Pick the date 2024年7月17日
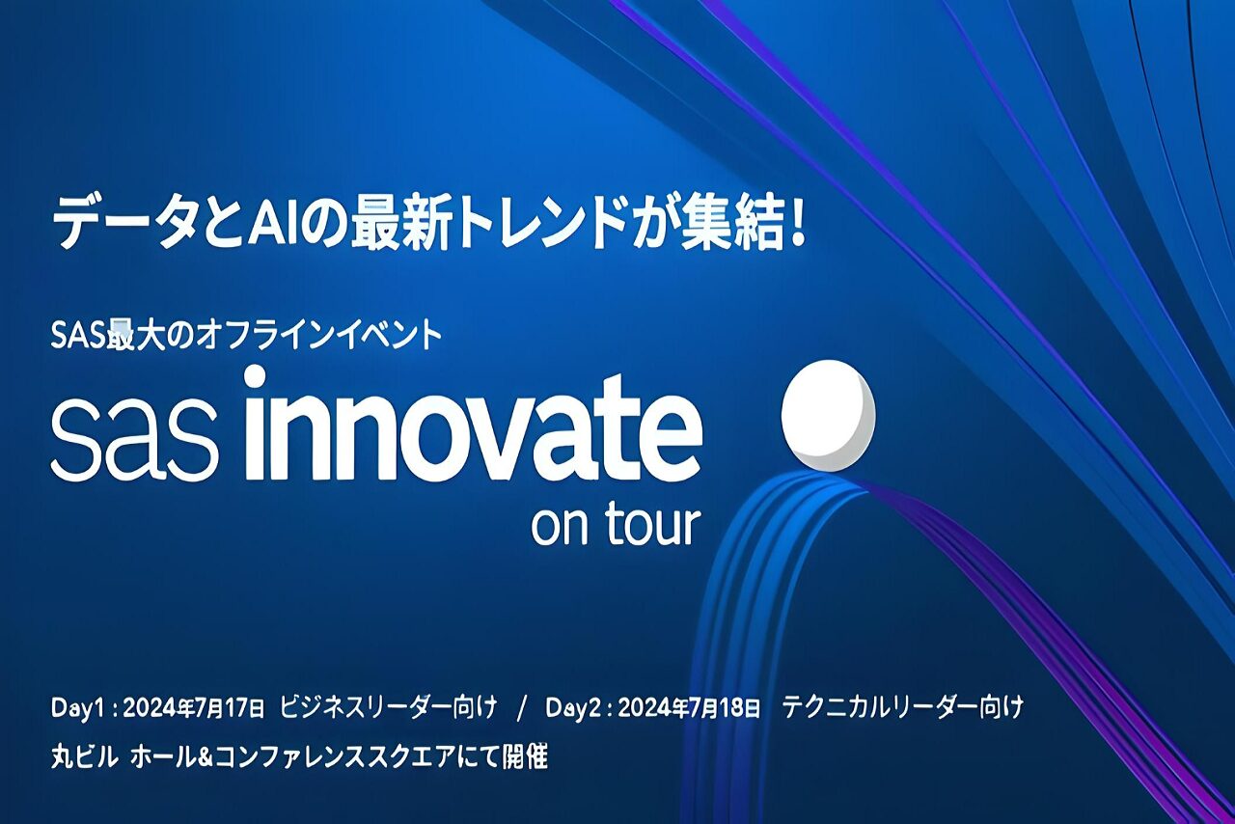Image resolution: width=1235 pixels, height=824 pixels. tap(194, 708)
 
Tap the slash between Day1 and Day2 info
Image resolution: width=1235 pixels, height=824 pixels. tap(522, 708)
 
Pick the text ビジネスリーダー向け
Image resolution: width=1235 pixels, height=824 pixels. tap(389, 708)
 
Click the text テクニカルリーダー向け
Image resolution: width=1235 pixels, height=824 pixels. tap(902, 708)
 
